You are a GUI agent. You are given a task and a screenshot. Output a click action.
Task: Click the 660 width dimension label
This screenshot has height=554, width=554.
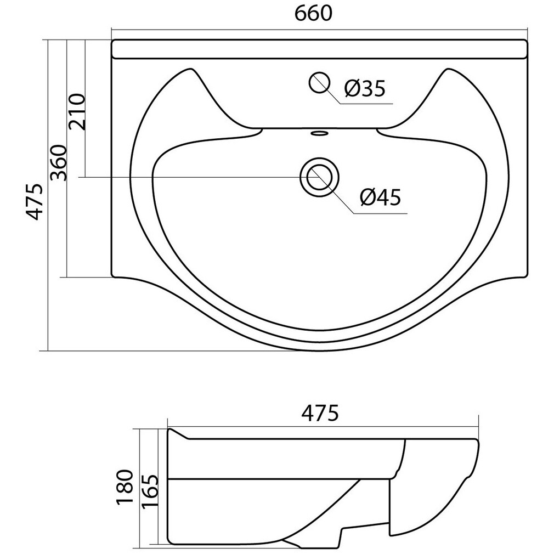click(x=313, y=14)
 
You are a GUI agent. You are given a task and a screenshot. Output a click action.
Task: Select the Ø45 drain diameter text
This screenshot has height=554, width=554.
click(x=381, y=197)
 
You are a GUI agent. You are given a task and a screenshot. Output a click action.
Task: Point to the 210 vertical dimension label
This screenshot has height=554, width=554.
click(x=77, y=112)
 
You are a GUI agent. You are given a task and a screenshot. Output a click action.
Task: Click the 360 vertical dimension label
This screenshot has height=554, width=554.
click(x=59, y=162)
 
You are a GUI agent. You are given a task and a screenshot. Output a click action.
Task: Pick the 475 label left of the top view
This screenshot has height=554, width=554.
click(x=35, y=201)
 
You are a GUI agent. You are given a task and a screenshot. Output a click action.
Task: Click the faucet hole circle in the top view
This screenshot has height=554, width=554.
click(x=319, y=82)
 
